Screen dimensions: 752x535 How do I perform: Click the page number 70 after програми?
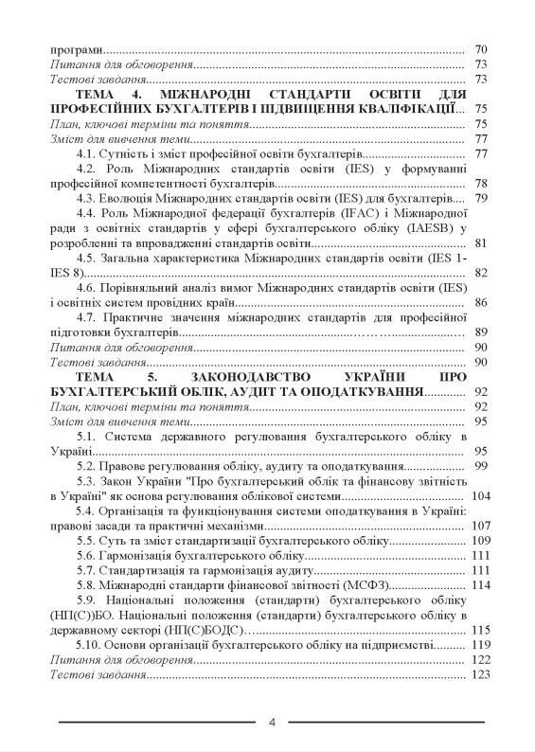480,49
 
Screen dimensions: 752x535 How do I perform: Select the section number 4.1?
89,153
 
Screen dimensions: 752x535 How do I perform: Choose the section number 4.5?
89,258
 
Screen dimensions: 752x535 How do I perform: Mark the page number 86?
480,302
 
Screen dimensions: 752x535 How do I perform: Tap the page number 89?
480,331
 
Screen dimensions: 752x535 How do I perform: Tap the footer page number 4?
272,723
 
